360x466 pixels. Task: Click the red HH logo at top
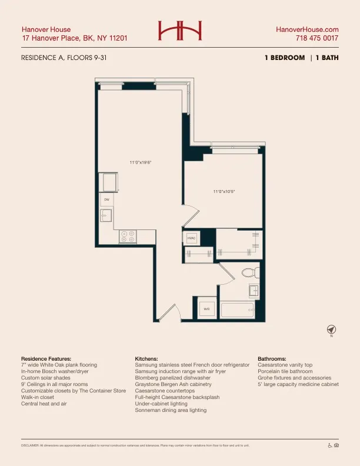click(x=179, y=31)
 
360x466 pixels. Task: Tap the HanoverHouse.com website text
click(x=307, y=29)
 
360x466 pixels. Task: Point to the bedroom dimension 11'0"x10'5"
click(x=224, y=191)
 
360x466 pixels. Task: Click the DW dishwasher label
click(x=107, y=200)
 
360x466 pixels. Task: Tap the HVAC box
click(x=191, y=238)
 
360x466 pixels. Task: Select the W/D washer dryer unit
click(x=207, y=308)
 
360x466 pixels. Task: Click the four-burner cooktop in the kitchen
click(x=128, y=236)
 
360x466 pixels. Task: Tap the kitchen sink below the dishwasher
click(x=106, y=216)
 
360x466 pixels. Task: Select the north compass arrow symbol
click(x=331, y=328)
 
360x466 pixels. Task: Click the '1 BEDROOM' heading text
click(x=285, y=58)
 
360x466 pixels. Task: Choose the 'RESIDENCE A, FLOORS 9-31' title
click(x=64, y=58)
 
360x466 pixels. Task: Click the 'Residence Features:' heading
click(x=46, y=358)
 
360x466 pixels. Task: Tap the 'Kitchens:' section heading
click(x=147, y=358)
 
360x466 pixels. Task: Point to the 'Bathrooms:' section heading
click(x=272, y=358)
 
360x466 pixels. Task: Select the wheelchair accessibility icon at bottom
click(x=329, y=445)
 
